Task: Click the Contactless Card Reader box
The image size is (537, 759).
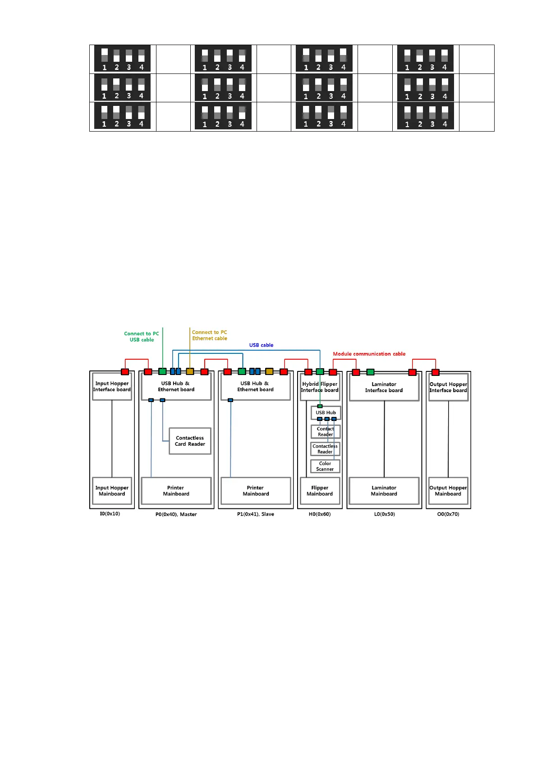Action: [190, 441]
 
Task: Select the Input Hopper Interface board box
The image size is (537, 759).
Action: [112, 387]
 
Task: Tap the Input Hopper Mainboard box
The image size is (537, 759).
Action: [112, 491]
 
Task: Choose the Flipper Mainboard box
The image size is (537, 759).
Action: [320, 491]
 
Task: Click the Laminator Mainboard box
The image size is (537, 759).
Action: [384, 491]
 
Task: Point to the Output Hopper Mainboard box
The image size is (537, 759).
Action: [448, 491]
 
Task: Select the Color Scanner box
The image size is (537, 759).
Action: [325, 466]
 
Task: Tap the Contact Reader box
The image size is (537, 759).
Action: [325, 432]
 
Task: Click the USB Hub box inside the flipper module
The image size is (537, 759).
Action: [326, 412]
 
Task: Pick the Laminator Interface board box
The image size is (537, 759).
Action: [384, 387]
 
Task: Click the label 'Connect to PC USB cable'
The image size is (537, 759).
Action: [142, 337]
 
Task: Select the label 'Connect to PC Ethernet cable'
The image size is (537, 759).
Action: [210, 335]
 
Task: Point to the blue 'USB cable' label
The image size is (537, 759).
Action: [261, 345]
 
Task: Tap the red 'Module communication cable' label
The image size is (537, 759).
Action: [369, 354]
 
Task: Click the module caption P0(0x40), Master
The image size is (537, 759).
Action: [176, 514]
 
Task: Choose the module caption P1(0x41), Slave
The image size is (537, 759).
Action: [255, 514]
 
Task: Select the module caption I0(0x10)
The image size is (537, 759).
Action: [110, 514]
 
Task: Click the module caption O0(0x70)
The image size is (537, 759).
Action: [448, 514]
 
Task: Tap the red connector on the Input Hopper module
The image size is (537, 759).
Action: [125, 372]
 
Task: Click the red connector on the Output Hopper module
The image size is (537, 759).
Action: [436, 372]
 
